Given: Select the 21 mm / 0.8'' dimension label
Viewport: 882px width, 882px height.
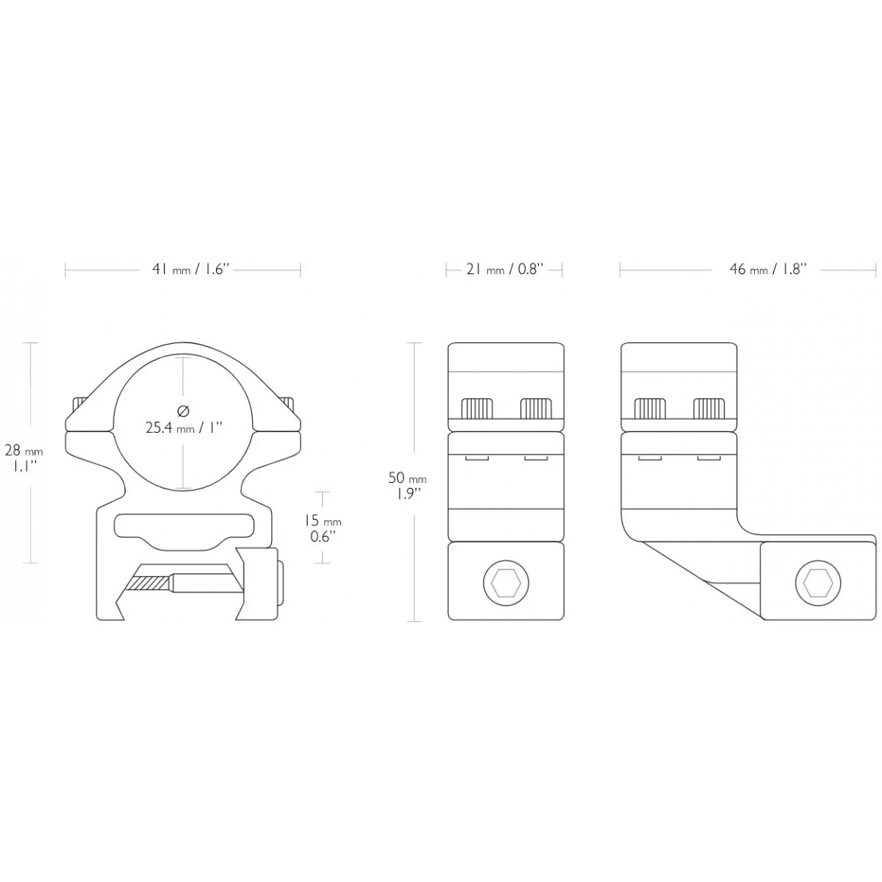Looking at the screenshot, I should [504, 270].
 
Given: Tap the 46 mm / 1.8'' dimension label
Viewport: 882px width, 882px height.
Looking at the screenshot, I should [768, 270].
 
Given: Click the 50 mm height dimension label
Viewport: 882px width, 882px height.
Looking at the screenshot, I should [407, 485].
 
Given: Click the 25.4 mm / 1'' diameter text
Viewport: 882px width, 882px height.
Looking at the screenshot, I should [184, 427].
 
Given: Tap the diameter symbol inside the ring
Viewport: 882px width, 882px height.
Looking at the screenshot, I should [184, 409].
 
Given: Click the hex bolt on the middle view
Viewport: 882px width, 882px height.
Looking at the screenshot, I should [506, 584].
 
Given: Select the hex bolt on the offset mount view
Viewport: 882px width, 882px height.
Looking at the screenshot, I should [817, 584].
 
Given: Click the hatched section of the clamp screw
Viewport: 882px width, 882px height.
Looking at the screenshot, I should [150, 583].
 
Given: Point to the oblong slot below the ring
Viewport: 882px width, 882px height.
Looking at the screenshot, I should [184, 526].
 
